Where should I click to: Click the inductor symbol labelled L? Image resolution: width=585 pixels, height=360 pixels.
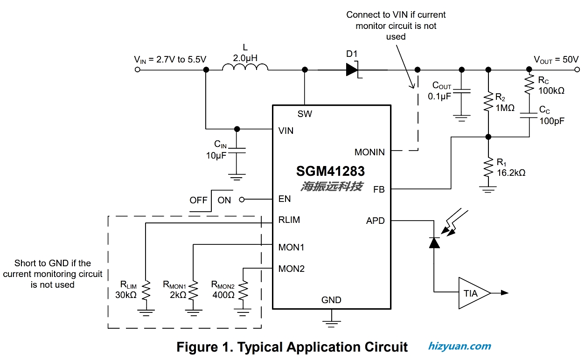click(245, 67)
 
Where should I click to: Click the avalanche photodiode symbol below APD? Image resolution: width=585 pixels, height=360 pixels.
click(434, 243)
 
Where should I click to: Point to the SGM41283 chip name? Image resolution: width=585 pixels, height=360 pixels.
click(330, 171)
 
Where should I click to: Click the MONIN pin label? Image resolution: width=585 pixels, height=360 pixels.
click(369, 152)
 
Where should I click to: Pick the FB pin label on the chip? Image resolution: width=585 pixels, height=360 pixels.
click(379, 189)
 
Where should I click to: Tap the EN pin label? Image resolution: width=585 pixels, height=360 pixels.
click(285, 199)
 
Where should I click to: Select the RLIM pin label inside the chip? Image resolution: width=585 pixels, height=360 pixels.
click(289, 220)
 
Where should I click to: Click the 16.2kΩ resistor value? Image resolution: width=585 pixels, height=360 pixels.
click(511, 173)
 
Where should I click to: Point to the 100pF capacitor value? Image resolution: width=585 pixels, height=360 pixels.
click(552, 121)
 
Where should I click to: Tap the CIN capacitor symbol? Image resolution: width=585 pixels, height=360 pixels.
click(237, 150)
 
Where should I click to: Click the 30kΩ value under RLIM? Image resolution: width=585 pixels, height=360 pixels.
click(126, 295)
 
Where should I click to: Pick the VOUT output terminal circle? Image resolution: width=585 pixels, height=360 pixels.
click(577, 69)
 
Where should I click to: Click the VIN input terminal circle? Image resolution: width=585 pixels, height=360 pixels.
click(137, 69)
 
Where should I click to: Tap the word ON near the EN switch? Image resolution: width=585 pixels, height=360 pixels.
click(224, 200)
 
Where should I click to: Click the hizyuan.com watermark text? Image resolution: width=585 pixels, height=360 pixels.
click(460, 346)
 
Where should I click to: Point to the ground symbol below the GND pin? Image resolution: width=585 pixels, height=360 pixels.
click(331, 324)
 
